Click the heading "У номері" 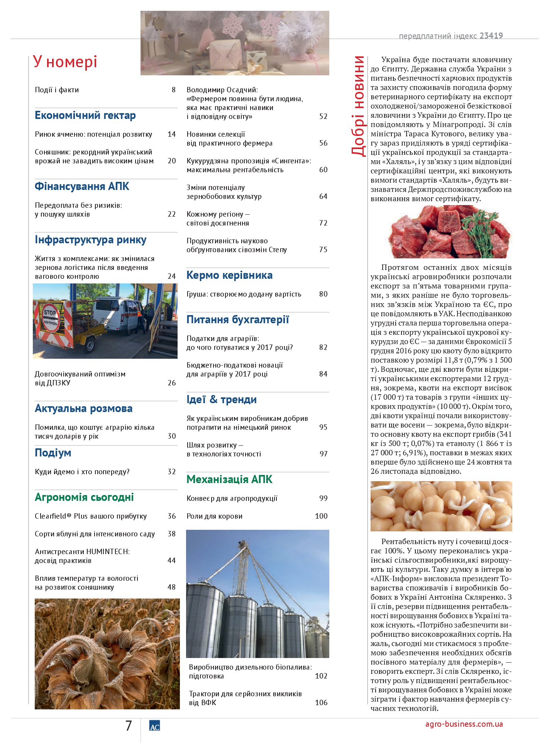pyautogui.click(x=65, y=62)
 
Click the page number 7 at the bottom pyautogui.click(x=129, y=726)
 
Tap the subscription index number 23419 pyautogui.click(x=491, y=36)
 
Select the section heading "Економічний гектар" pyautogui.click(x=85, y=115)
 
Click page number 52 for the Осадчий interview pyautogui.click(x=323, y=117)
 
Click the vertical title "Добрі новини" pyautogui.click(x=358, y=106)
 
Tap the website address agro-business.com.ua pyautogui.click(x=464, y=724)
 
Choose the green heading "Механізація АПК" pyautogui.click(x=229, y=480)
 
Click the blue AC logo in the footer pyautogui.click(x=154, y=726)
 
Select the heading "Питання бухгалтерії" pyautogui.click(x=237, y=320)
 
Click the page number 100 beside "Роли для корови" pyautogui.click(x=321, y=516)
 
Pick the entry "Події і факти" pyautogui.click(x=57, y=90)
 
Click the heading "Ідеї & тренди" pyautogui.click(x=222, y=400)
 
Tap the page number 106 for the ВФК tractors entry pyautogui.click(x=321, y=703)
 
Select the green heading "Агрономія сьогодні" pyautogui.click(x=84, y=497)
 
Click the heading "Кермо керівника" pyautogui.click(x=229, y=275)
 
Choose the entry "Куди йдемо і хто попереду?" pyautogui.click(x=82, y=472)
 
